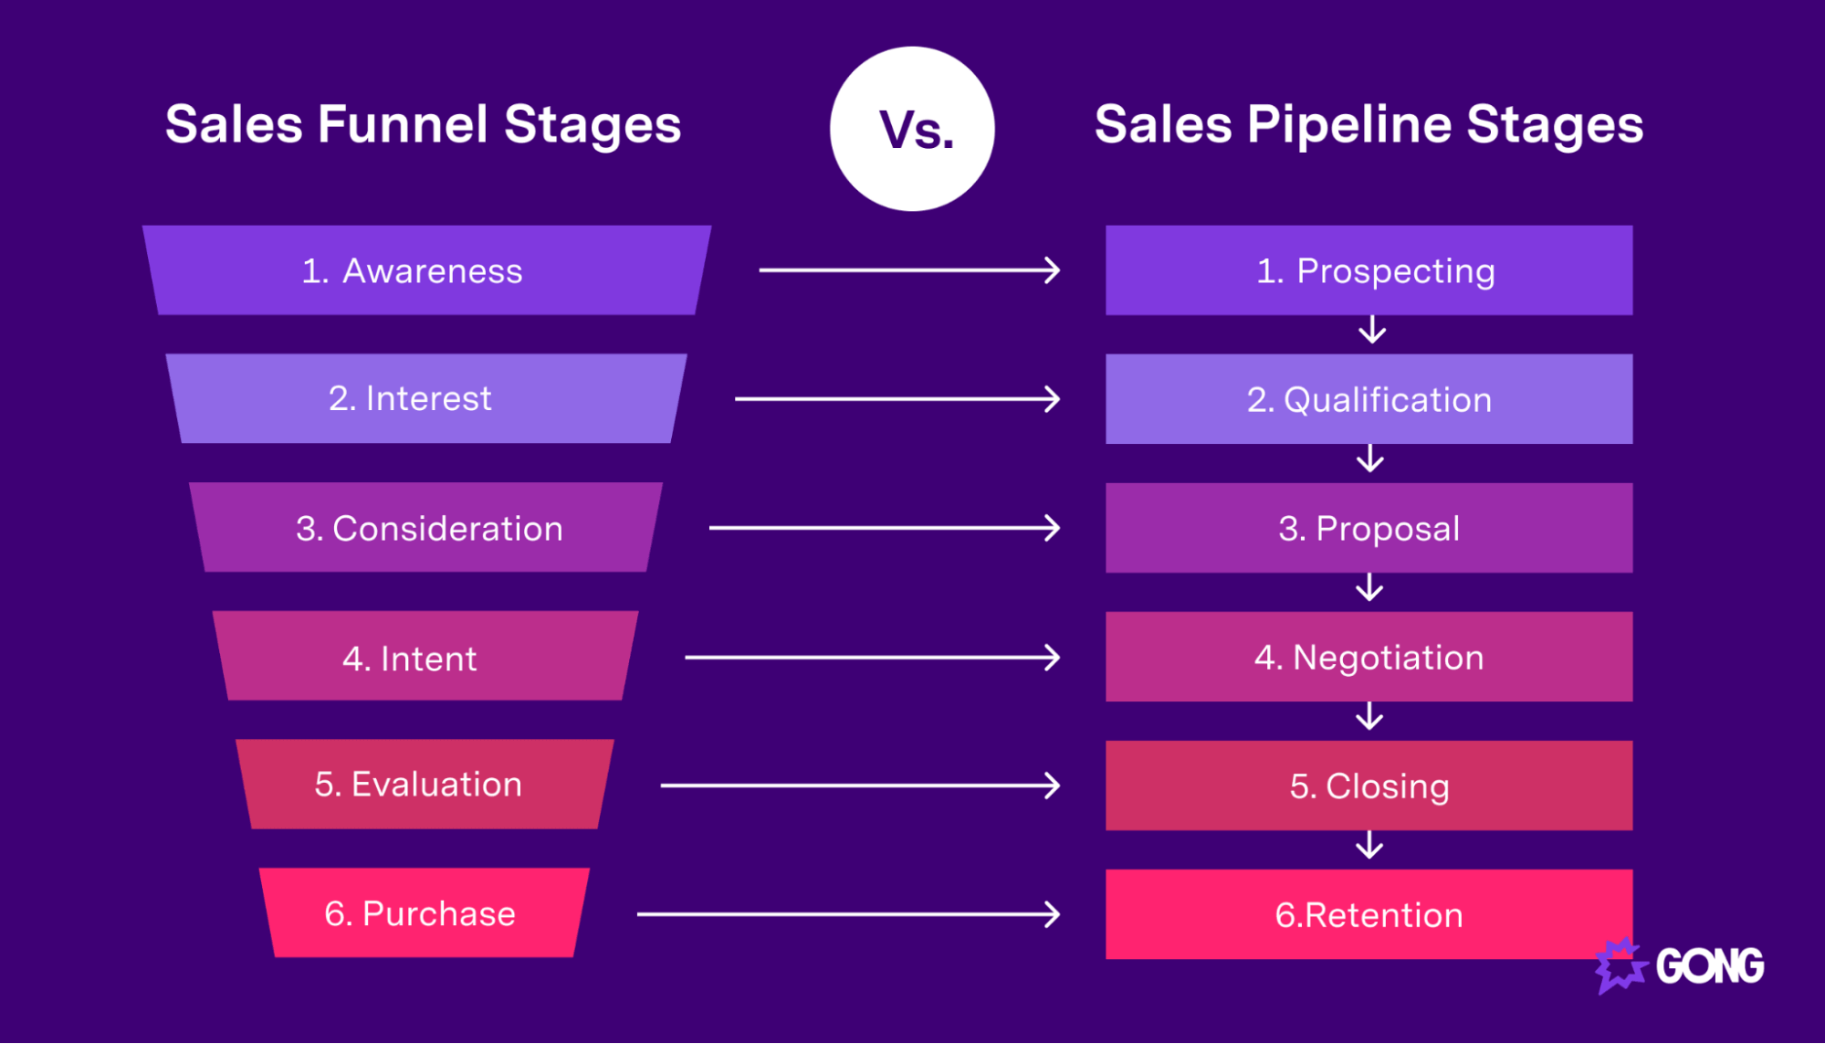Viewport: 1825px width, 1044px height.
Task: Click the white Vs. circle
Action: pos(912,129)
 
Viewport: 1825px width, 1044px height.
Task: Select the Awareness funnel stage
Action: pos(426,270)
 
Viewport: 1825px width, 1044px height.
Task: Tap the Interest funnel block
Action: pos(426,398)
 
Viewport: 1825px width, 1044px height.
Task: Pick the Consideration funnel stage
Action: pos(426,528)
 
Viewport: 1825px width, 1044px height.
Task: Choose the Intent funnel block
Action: pos(425,657)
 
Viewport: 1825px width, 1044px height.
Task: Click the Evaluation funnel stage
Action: pos(425,785)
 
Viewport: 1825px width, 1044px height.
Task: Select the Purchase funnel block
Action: pos(424,913)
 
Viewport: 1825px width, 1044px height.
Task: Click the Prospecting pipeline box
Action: pos(1369,270)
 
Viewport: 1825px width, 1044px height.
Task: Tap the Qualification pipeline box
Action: pos(1369,399)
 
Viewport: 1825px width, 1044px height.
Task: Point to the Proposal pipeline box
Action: pos(1369,528)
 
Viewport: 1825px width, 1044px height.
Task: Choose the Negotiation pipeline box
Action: pos(1369,657)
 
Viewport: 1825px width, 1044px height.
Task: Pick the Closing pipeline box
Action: pos(1369,786)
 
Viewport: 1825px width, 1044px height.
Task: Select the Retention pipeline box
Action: pos(1369,914)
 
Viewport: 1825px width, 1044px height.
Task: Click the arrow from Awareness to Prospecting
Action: pos(909,270)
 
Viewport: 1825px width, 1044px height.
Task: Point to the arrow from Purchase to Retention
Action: pos(848,914)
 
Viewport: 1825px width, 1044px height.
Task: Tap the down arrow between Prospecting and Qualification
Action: pos(1371,330)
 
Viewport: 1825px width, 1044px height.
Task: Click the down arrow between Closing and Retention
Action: pos(1369,846)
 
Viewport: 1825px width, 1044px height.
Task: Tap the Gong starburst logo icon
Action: pos(1620,965)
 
